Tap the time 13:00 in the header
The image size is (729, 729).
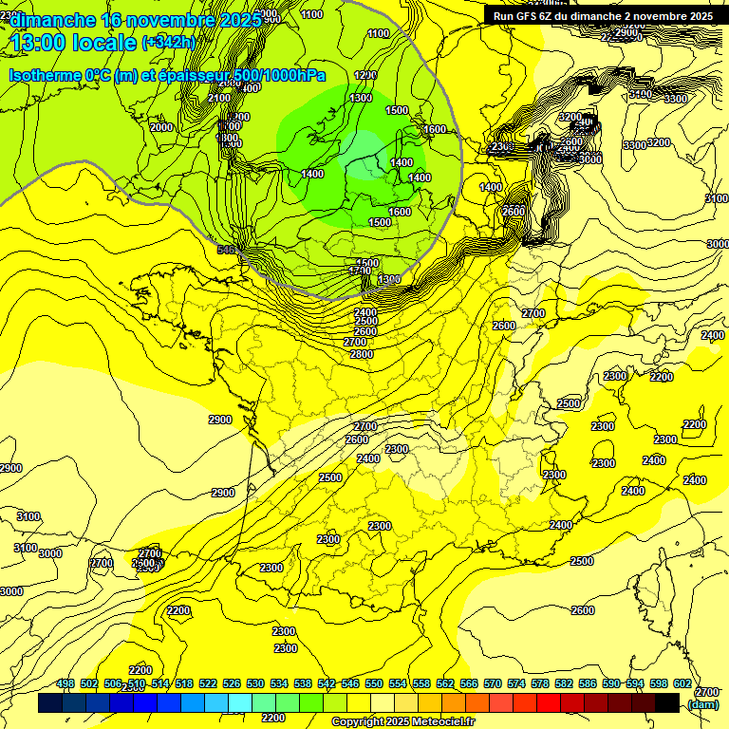[x=41, y=43]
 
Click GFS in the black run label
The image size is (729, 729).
[x=536, y=16]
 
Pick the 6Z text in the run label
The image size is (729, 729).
[x=558, y=16]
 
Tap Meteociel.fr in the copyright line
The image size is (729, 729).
[x=443, y=722]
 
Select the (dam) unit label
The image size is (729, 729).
[x=702, y=704]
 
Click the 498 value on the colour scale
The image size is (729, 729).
[x=65, y=684]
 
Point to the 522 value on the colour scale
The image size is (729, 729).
[x=208, y=684]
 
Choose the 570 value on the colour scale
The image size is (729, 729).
[x=493, y=684]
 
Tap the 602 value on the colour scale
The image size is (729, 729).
[x=682, y=684]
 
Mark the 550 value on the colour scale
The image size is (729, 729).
[x=374, y=684]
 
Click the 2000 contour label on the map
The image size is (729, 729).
[x=161, y=127]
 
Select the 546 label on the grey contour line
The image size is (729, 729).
[x=226, y=250]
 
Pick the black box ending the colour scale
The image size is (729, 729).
[x=667, y=703]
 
